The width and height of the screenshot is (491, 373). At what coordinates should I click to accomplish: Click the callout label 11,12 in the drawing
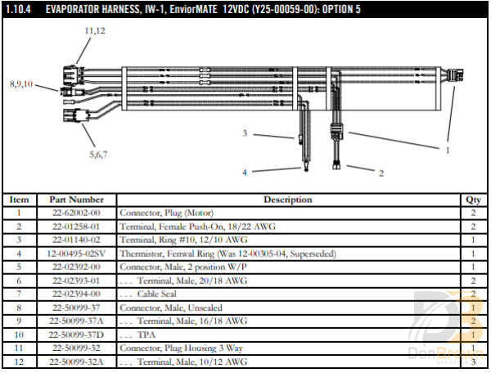[95, 29]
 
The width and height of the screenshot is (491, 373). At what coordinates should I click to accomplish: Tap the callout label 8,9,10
[21, 84]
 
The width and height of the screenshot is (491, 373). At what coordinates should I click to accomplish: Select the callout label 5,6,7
[98, 153]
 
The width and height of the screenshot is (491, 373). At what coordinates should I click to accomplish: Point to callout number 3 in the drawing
[245, 133]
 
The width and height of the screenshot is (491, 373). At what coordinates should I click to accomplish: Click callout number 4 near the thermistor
[245, 172]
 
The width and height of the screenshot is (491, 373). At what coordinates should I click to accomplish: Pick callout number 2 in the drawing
[381, 173]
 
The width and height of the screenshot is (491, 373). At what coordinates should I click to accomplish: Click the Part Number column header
[76, 200]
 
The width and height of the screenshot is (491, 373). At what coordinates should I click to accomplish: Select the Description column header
[287, 200]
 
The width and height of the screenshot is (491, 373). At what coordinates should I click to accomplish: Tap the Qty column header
[473, 200]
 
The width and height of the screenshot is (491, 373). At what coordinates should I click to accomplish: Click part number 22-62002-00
[76, 213]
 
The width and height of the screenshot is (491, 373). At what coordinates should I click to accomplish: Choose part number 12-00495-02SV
[76, 254]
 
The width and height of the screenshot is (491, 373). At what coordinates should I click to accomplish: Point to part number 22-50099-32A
[76, 361]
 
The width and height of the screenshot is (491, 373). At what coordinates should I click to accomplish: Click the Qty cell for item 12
[473, 361]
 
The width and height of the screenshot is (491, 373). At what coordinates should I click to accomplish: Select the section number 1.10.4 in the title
[18, 10]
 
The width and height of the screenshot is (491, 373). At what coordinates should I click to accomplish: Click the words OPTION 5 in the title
[336, 10]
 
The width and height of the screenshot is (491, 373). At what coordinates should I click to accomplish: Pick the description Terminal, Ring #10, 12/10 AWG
[174, 240]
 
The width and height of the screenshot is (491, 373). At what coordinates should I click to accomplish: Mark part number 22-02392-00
[76, 267]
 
